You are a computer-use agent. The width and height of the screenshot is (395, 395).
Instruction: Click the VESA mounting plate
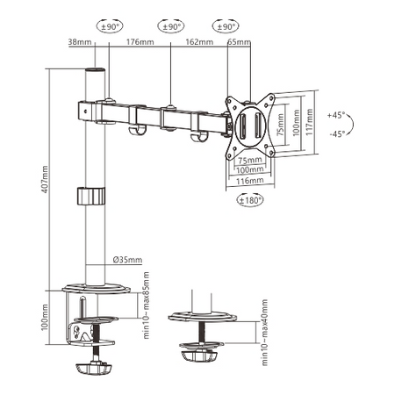point(251,125)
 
